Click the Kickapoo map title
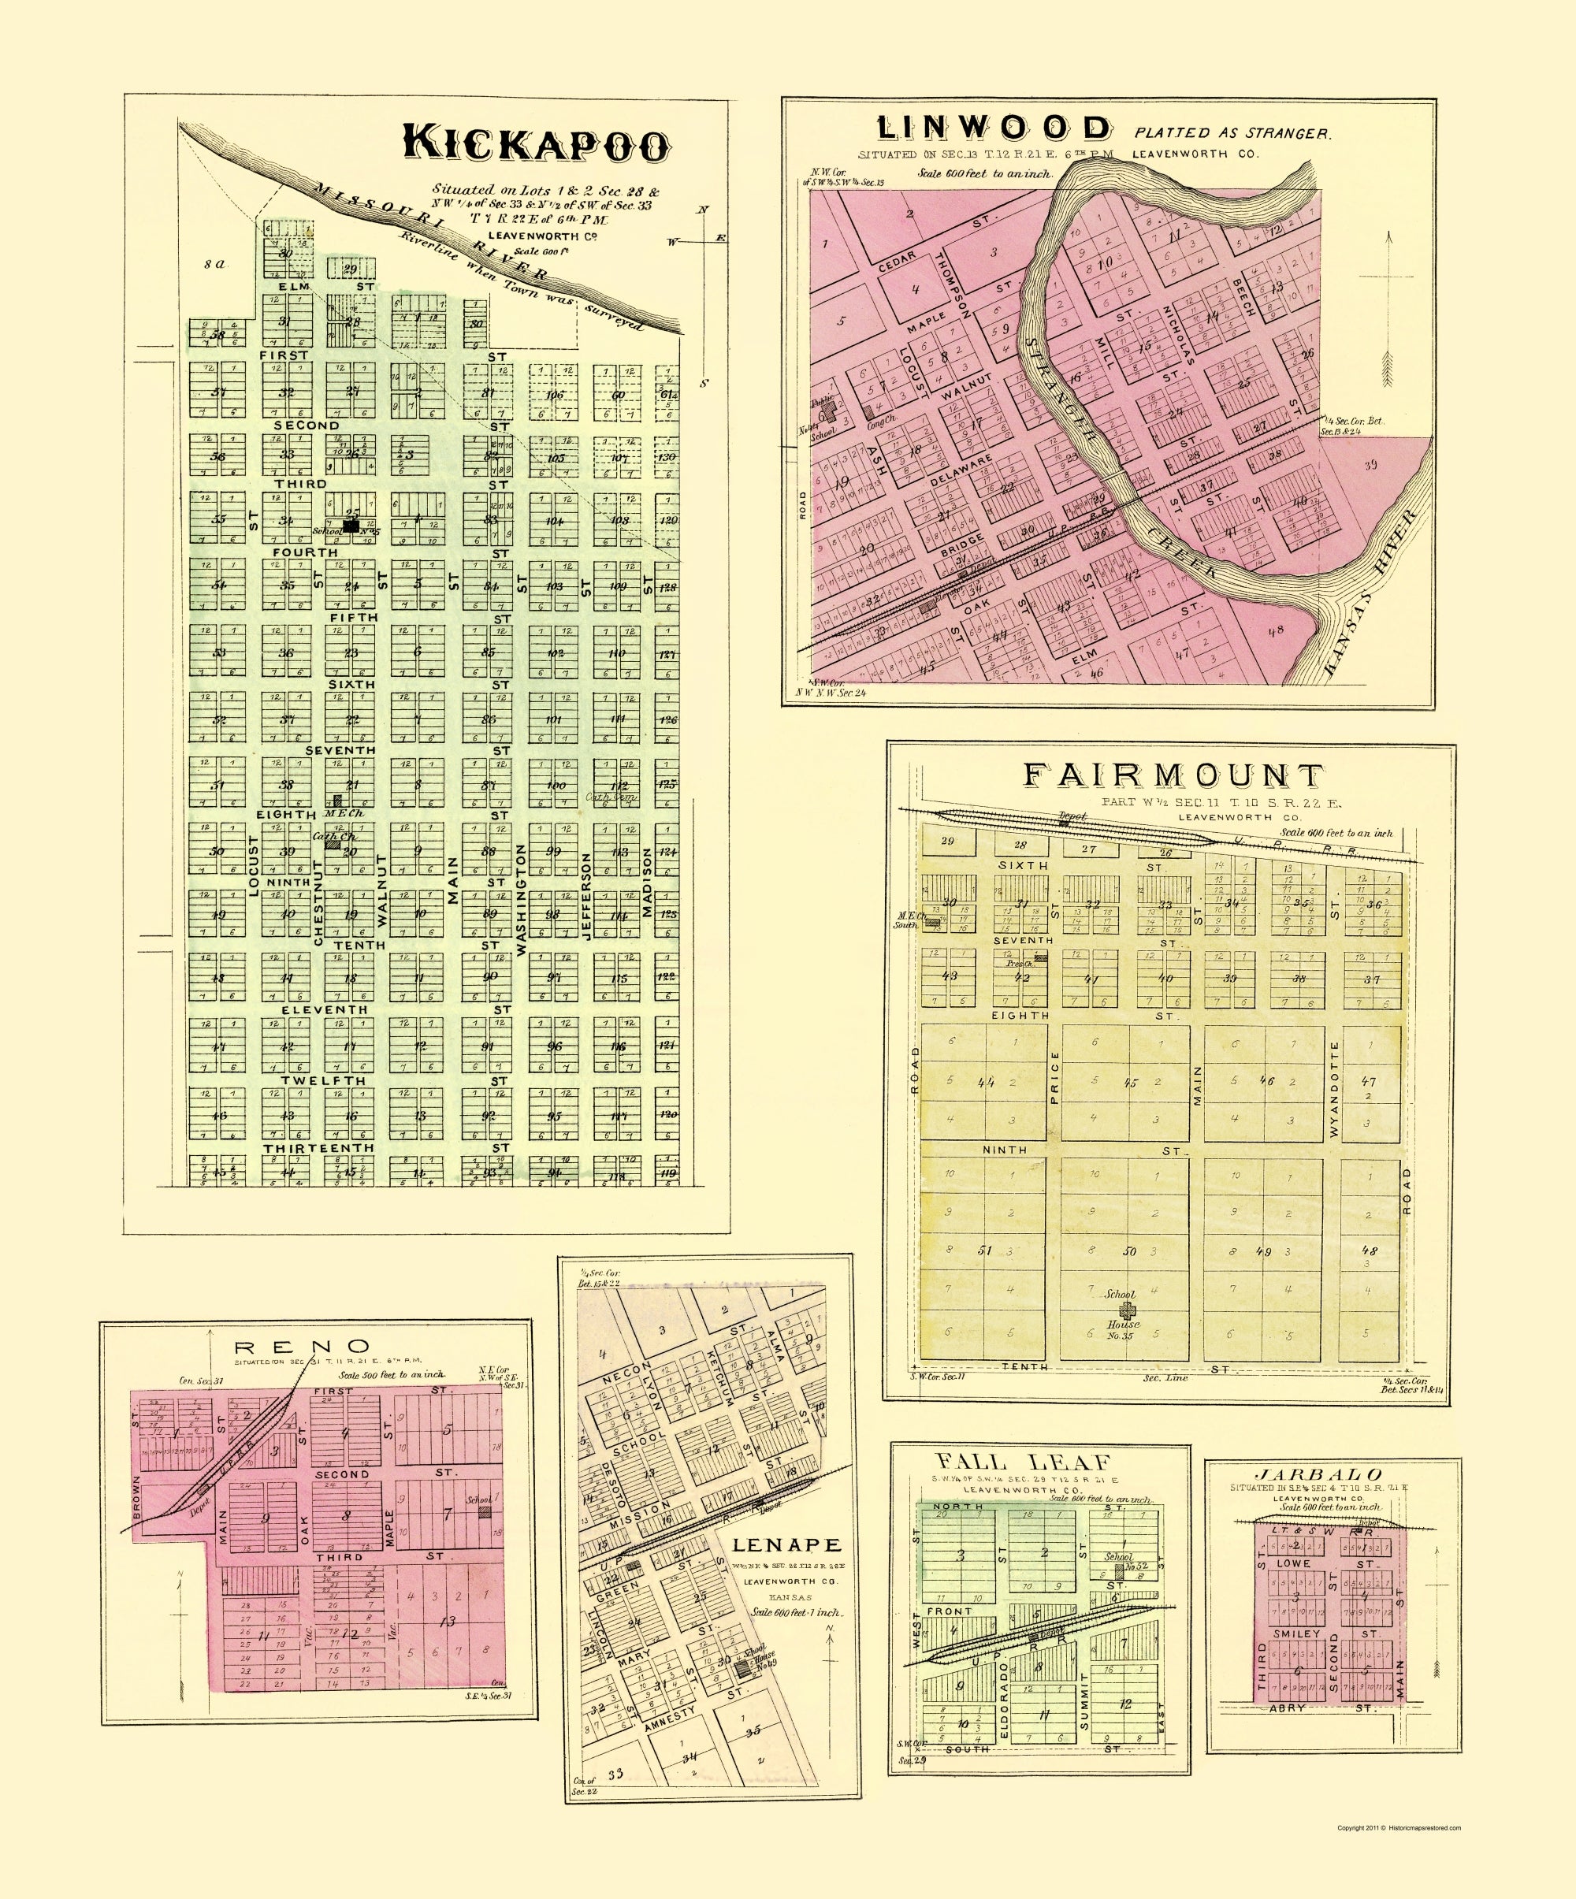pos(537,145)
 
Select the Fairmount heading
pos(1173,777)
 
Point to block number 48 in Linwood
pos(1276,631)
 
